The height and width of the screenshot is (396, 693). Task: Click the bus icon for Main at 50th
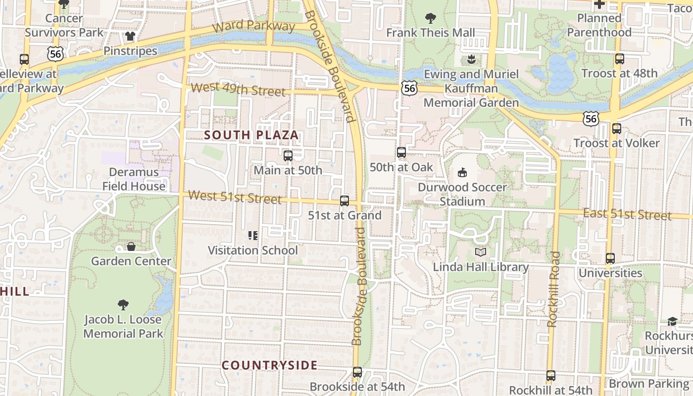pos(288,156)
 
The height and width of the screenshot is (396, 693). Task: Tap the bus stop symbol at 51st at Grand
pos(345,201)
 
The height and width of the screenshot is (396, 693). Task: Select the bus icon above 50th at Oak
pos(401,152)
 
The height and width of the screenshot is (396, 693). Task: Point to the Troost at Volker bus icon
pos(617,129)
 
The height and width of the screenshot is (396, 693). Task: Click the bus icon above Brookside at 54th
pos(357,372)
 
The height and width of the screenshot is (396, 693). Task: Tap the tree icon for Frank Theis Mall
pos(431,18)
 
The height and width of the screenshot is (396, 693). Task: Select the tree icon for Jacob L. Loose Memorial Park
pos(123,305)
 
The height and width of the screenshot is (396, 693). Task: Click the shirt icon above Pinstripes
pos(130,36)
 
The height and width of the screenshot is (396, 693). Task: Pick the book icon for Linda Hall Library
pos(481,252)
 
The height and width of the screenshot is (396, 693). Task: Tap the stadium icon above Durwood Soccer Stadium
pos(462,173)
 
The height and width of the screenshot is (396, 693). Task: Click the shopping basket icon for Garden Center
pos(131,247)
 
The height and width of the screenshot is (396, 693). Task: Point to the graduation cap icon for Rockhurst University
pos(672,322)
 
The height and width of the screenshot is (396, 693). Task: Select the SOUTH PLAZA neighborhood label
pos(251,135)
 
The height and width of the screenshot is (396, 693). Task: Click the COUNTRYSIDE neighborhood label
pos(269,366)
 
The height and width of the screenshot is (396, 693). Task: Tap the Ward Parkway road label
pos(254,26)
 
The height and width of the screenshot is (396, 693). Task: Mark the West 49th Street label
pos(238,90)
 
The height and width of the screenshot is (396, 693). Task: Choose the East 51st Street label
pos(627,214)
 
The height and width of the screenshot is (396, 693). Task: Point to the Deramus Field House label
pos(134,179)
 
